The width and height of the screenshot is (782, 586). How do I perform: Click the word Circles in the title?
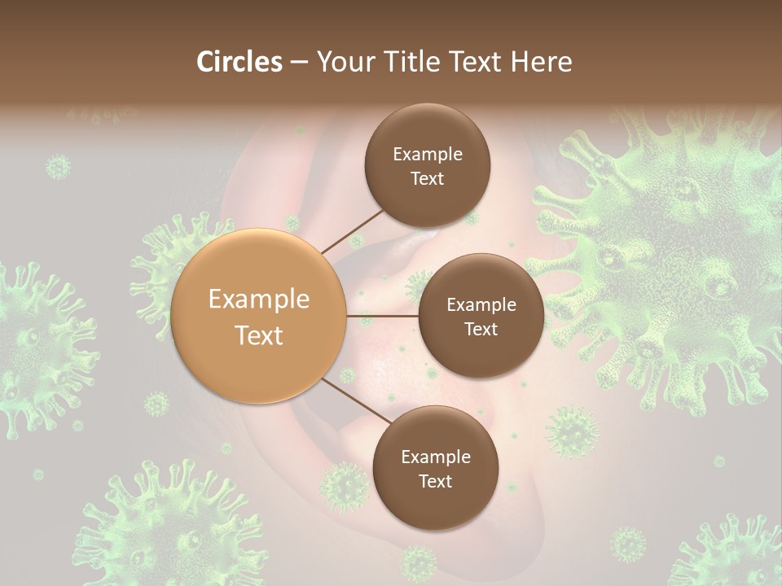click(239, 62)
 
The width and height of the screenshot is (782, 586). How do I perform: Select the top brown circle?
click(427, 165)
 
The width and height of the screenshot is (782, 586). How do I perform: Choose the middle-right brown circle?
click(481, 316)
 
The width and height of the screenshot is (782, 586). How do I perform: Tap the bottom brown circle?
click(435, 468)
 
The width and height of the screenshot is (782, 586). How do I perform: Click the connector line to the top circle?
click(352, 231)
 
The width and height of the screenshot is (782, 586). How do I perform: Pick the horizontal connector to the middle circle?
click(382, 315)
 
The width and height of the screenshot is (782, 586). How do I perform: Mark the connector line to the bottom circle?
click(355, 401)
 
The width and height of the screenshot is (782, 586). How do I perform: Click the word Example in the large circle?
click(259, 300)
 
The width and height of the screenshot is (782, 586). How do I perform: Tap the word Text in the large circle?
click(259, 335)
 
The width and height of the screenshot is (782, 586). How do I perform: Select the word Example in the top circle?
click(427, 154)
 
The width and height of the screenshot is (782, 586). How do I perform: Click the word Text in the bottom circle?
click(435, 481)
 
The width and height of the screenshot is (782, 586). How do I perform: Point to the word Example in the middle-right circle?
click(481, 304)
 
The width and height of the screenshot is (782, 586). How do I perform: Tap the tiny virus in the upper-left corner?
click(58, 167)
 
